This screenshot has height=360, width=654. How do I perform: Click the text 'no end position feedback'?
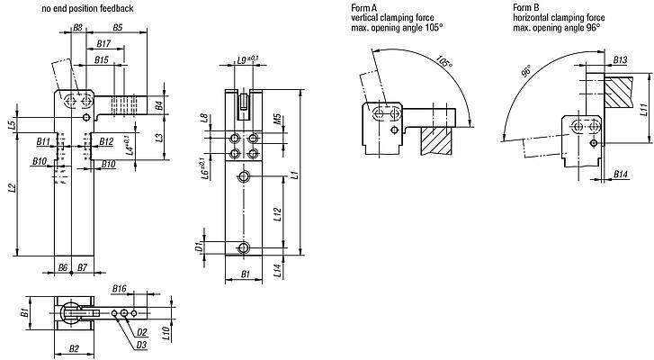pos(87,8)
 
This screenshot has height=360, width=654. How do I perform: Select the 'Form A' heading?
pos(362,7)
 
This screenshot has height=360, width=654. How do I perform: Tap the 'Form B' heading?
pos(524,7)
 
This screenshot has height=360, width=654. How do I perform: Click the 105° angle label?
pos(443,64)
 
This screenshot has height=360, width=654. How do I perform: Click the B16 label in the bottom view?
pos(121,289)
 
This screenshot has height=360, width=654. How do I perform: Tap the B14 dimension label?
pos(621,173)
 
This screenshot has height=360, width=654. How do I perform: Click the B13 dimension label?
pos(620,59)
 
